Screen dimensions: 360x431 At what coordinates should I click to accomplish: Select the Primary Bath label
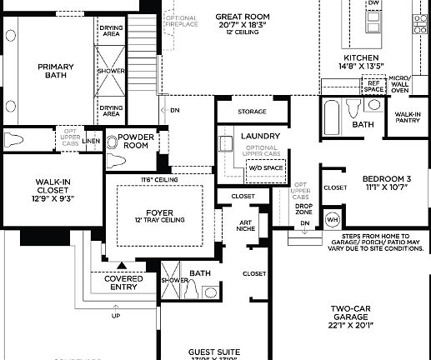(58, 72)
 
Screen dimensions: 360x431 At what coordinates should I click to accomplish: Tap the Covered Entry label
(123, 283)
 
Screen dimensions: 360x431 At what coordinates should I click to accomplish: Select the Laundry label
(259, 136)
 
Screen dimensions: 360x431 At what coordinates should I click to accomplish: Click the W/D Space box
(264, 167)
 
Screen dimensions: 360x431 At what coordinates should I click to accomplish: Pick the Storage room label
(252, 111)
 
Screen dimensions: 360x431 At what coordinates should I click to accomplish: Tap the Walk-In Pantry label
(408, 117)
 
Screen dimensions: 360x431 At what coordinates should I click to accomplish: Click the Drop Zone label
(304, 208)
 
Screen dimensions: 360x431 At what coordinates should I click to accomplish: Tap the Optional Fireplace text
(181, 22)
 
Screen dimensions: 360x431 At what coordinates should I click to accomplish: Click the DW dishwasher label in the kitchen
(373, 3)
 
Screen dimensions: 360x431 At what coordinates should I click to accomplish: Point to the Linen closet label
(92, 141)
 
